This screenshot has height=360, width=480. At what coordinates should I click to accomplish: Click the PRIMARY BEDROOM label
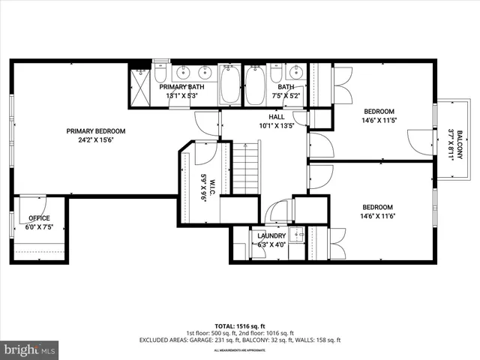click(x=95, y=130)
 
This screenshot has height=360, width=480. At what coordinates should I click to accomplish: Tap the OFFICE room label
click(x=34, y=218)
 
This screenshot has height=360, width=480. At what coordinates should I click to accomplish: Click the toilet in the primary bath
click(x=161, y=76)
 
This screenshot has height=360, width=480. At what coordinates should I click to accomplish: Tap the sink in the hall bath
click(x=295, y=73)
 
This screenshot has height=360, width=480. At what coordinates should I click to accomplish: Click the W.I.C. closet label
click(x=203, y=183)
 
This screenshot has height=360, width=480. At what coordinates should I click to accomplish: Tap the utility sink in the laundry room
click(x=295, y=234)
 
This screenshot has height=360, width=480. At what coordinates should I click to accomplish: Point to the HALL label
click(x=277, y=117)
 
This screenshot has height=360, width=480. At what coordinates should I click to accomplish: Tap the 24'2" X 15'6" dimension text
click(x=95, y=139)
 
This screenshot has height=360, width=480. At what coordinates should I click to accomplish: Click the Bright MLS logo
click(x=30, y=349)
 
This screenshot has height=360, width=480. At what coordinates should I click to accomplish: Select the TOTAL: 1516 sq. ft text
click(x=240, y=327)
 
